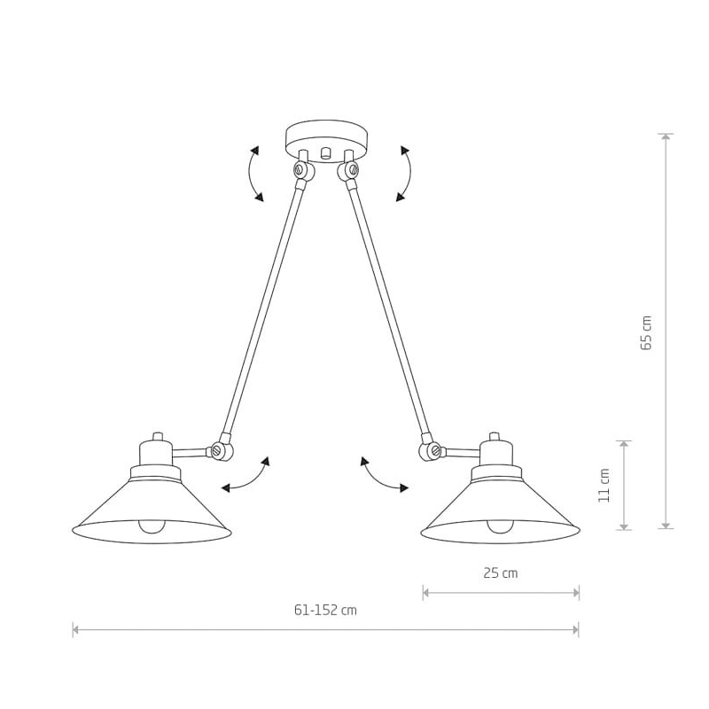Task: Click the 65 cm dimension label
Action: coord(647,332)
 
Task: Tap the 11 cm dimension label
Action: coord(604,485)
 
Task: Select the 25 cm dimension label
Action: coord(501,573)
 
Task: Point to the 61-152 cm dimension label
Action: coord(325,610)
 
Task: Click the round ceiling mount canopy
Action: coord(327,140)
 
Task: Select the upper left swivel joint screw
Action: coord(299,170)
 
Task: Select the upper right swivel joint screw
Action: coord(353,170)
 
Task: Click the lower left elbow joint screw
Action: coord(216,451)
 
